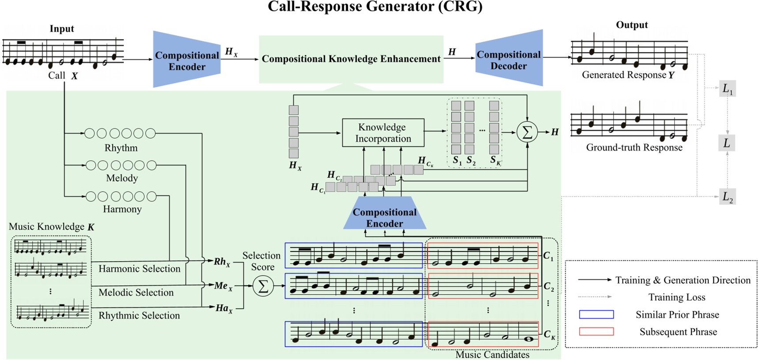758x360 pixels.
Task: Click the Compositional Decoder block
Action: click(x=509, y=60)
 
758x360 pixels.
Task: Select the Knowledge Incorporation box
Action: click(x=383, y=133)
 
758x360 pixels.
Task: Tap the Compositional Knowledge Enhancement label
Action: click(x=351, y=59)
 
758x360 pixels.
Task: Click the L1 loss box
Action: click(x=727, y=89)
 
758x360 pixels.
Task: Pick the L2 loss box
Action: click(x=727, y=197)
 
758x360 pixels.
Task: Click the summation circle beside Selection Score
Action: click(x=263, y=286)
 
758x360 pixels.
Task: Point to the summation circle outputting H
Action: click(x=527, y=132)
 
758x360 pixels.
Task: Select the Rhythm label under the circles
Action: click(x=121, y=148)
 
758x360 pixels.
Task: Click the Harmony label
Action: click(x=122, y=209)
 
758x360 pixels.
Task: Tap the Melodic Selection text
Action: click(x=136, y=292)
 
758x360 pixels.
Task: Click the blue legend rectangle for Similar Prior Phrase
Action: click(x=596, y=315)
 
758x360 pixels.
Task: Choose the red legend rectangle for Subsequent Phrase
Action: click(x=596, y=331)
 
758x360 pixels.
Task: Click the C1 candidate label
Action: click(x=548, y=256)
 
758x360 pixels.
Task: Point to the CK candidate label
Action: click(x=549, y=334)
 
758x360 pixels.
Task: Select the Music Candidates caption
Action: click(x=492, y=354)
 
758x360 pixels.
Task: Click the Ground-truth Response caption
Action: click(x=634, y=148)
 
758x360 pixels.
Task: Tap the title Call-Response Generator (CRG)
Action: click(x=375, y=7)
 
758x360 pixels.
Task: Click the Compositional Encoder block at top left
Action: click(x=187, y=61)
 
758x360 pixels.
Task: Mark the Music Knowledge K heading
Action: click(x=52, y=227)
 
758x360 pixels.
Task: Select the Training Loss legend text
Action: click(x=676, y=297)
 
